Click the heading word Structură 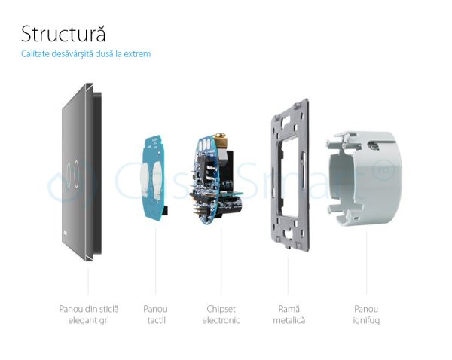[x=63, y=34]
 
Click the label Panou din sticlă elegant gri [x=89, y=314]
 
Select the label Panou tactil [x=155, y=314]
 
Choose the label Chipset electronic [x=222, y=314]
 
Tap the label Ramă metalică [x=289, y=314]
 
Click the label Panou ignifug [x=366, y=314]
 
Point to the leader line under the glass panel [x=89, y=279]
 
